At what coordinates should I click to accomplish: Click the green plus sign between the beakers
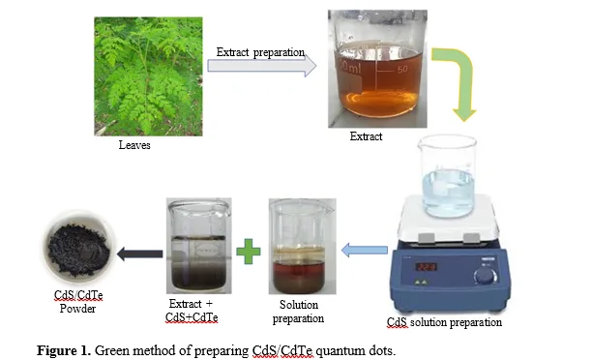(x=249, y=252)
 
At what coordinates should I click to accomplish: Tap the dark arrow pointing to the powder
(x=139, y=254)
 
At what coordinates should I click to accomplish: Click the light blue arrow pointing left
(x=365, y=250)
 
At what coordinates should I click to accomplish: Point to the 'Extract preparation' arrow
(x=261, y=66)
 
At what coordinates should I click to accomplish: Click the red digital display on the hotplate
(x=427, y=267)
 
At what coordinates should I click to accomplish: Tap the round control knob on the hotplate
(x=486, y=275)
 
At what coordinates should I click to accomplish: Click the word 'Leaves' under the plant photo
(x=134, y=145)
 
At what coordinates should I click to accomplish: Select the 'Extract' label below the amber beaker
(x=366, y=136)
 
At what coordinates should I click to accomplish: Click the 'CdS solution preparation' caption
(x=444, y=322)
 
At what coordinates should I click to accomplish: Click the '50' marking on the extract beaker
(x=402, y=69)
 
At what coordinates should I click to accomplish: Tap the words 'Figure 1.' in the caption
(x=64, y=350)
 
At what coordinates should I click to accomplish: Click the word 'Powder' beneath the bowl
(x=77, y=309)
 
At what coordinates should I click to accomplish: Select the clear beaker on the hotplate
(x=448, y=176)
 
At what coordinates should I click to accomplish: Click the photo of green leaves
(x=148, y=76)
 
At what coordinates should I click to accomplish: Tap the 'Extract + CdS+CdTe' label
(x=192, y=311)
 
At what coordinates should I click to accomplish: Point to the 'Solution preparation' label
(x=298, y=312)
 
